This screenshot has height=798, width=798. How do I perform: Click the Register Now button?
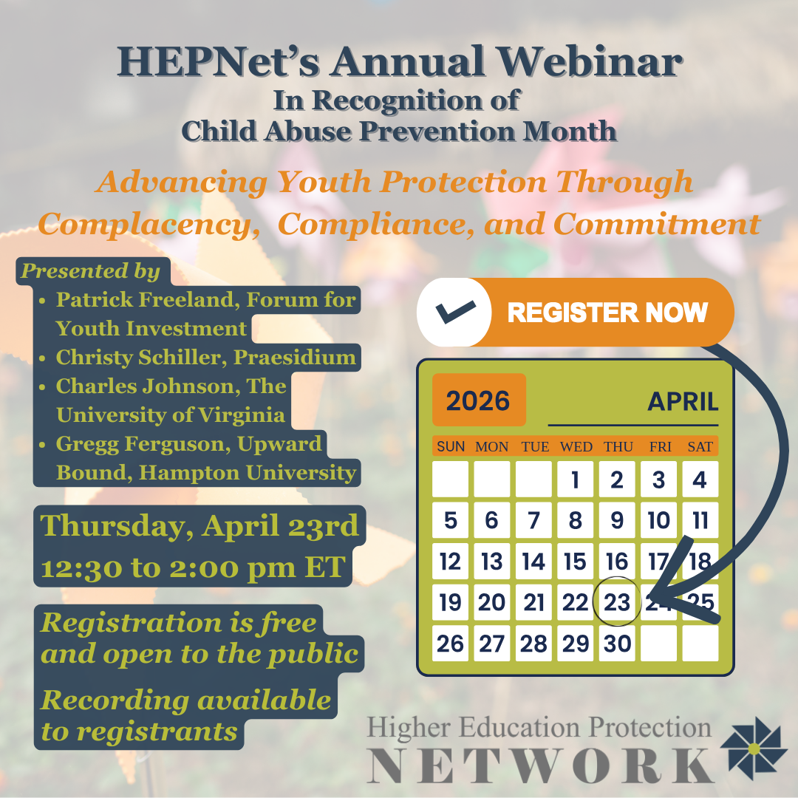[x=575, y=312]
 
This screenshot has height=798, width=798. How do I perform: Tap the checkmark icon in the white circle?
[x=455, y=311]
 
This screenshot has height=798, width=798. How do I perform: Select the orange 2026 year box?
[x=478, y=400]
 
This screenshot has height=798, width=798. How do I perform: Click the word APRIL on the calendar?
[x=683, y=401]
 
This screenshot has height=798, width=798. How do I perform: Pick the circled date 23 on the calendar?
[x=617, y=602]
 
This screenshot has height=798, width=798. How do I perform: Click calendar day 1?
[x=575, y=480]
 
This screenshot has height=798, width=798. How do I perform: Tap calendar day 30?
[x=617, y=644]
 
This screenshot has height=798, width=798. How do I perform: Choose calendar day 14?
[x=533, y=562]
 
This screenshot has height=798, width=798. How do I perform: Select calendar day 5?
[x=451, y=520]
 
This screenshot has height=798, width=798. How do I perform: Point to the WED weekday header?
[x=576, y=447]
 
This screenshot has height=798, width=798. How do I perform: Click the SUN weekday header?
[x=451, y=447]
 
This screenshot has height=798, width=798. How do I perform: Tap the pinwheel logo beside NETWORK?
[x=754, y=748]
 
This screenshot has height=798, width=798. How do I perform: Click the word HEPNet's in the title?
[x=219, y=61]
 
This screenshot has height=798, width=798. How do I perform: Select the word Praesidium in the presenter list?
[x=295, y=358]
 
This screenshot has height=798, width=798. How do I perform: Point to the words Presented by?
[x=90, y=270]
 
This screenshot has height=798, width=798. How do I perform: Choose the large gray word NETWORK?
[x=540, y=765]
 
